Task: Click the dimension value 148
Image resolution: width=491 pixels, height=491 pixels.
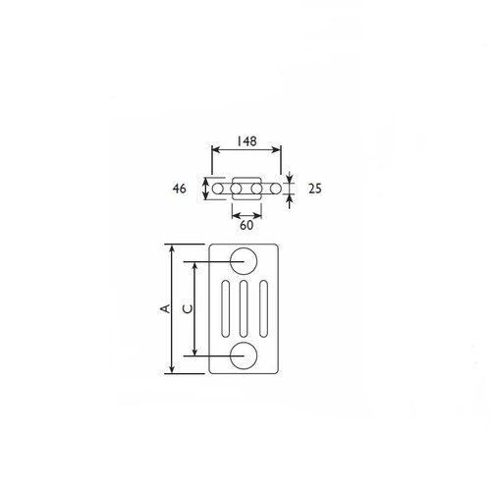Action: click(x=246, y=141)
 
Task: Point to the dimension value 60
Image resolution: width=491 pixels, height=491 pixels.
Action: click(x=246, y=224)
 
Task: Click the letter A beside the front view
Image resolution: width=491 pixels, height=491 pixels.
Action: click(x=164, y=308)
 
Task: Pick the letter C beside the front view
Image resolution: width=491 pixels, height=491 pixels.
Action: click(x=186, y=308)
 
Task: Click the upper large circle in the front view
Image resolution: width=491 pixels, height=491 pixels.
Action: click(x=243, y=261)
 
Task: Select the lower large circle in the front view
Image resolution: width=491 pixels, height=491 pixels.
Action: click(x=243, y=355)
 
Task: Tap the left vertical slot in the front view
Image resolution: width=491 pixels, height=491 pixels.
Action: click(x=227, y=308)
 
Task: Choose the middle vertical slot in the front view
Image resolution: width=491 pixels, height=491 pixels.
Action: click(x=243, y=308)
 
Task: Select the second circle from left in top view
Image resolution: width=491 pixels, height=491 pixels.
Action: click(x=237, y=187)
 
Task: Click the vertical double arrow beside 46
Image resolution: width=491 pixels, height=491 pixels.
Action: click(x=204, y=187)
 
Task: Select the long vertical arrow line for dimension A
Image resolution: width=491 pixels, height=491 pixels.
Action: click(x=174, y=308)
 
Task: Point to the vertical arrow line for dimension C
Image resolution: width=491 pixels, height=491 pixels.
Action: click(x=195, y=308)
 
